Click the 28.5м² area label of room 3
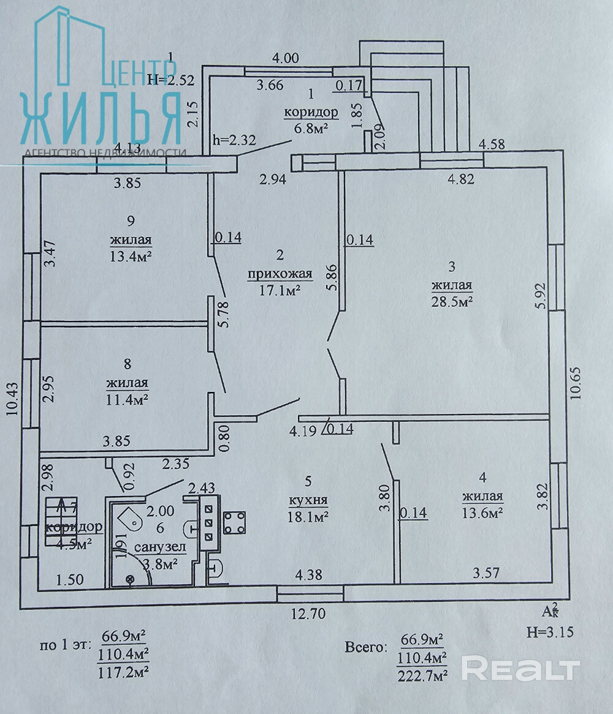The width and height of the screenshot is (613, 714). [x=452, y=301]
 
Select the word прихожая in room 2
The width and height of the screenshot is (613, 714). [x=280, y=275]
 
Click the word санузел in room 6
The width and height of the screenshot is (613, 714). [x=156, y=547]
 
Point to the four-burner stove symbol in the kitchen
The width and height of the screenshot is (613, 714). [x=234, y=522]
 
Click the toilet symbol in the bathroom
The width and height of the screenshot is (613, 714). [x=131, y=520]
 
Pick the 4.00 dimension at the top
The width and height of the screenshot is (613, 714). [x=285, y=59]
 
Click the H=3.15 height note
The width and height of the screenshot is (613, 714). [x=549, y=633]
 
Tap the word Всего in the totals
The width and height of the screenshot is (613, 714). [x=365, y=647]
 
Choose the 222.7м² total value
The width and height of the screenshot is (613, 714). [x=422, y=675]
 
